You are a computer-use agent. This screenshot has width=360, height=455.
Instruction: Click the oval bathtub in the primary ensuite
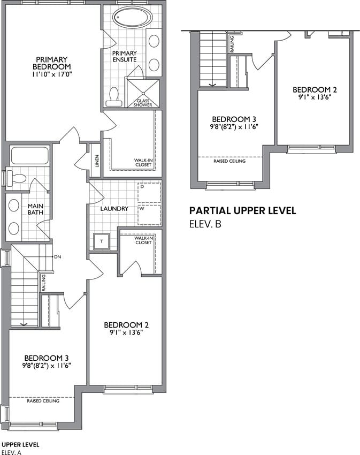[x=132, y=17]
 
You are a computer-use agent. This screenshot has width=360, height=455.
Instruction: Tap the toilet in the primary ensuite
[x=113, y=97]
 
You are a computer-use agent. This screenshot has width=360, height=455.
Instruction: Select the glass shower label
[x=143, y=103]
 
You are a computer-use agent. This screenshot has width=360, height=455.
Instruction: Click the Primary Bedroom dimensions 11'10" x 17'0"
[x=52, y=74]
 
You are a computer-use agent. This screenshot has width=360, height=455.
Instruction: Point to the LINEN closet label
[x=97, y=161]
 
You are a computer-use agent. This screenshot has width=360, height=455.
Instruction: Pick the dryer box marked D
[x=149, y=193]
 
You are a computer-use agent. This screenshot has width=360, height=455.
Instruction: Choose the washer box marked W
[x=149, y=215]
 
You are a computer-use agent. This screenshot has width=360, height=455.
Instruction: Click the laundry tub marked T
[x=101, y=241]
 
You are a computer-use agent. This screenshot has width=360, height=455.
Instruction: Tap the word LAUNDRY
[x=114, y=209]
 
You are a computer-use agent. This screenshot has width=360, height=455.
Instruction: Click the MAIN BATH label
[x=35, y=209]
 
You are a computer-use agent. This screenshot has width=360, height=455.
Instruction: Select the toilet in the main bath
[x=16, y=178]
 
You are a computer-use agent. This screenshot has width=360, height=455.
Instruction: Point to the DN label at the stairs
[x=57, y=257]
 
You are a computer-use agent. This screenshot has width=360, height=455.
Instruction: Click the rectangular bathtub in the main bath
[x=29, y=155]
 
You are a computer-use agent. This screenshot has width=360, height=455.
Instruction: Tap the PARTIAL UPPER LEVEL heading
[x=242, y=211]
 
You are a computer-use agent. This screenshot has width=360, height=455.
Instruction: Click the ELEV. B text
[x=205, y=224]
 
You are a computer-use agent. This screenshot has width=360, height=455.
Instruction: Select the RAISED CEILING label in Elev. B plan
[x=229, y=161]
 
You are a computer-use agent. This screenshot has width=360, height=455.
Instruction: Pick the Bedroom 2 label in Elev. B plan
[x=315, y=90]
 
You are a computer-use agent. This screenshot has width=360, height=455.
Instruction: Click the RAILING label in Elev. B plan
[x=232, y=44]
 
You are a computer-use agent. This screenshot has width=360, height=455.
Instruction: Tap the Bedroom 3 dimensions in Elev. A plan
[x=47, y=366]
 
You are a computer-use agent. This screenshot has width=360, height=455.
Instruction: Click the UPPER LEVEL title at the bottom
[x=20, y=444]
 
